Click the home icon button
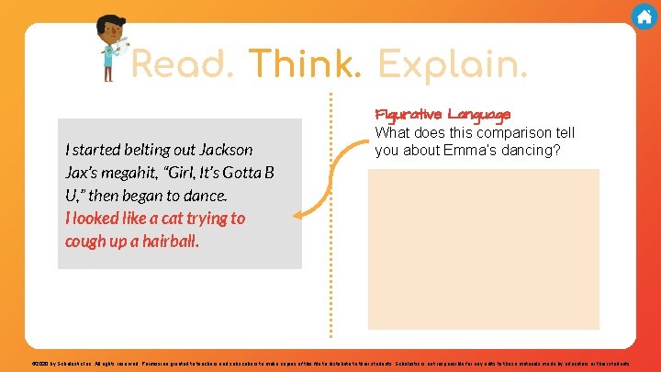pyautogui.click(x=644, y=16)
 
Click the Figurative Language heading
pyautogui.click(x=443, y=115)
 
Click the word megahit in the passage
pyautogui.click(x=124, y=173)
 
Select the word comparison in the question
pyautogui.click(x=503, y=132)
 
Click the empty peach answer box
pyautogui.click(x=483, y=248)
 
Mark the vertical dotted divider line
pyautogui.click(x=330, y=220)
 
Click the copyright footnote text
pyautogui.click(x=330, y=364)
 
